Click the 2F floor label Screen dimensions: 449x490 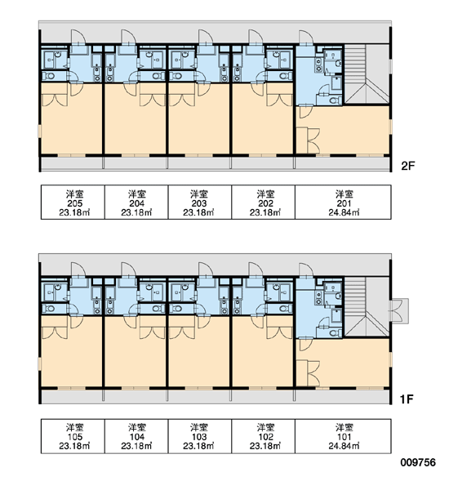click(407, 166)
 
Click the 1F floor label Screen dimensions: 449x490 click(407, 399)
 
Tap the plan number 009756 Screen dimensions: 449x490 click(418, 462)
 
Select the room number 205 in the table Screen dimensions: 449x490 click(74, 203)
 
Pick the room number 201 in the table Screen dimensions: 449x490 click(344, 203)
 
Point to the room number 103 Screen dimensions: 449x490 click(199, 437)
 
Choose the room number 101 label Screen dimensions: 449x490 click(344, 437)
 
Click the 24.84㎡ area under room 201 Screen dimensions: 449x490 click(344, 212)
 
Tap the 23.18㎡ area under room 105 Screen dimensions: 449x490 click(74, 446)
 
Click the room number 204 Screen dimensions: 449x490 click(136, 203)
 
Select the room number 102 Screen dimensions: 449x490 click(265, 437)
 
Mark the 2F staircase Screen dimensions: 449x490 click(367, 73)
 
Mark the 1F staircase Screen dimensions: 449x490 click(367, 306)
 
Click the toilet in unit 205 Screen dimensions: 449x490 click(49, 76)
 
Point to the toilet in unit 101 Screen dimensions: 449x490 click(336, 333)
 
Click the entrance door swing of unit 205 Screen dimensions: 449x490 click(78, 38)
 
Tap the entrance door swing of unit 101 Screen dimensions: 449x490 click(306, 270)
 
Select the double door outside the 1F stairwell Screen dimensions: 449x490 click(398, 310)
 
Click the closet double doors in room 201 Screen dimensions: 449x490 click(313, 141)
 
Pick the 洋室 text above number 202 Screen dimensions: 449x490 click(265, 194)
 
